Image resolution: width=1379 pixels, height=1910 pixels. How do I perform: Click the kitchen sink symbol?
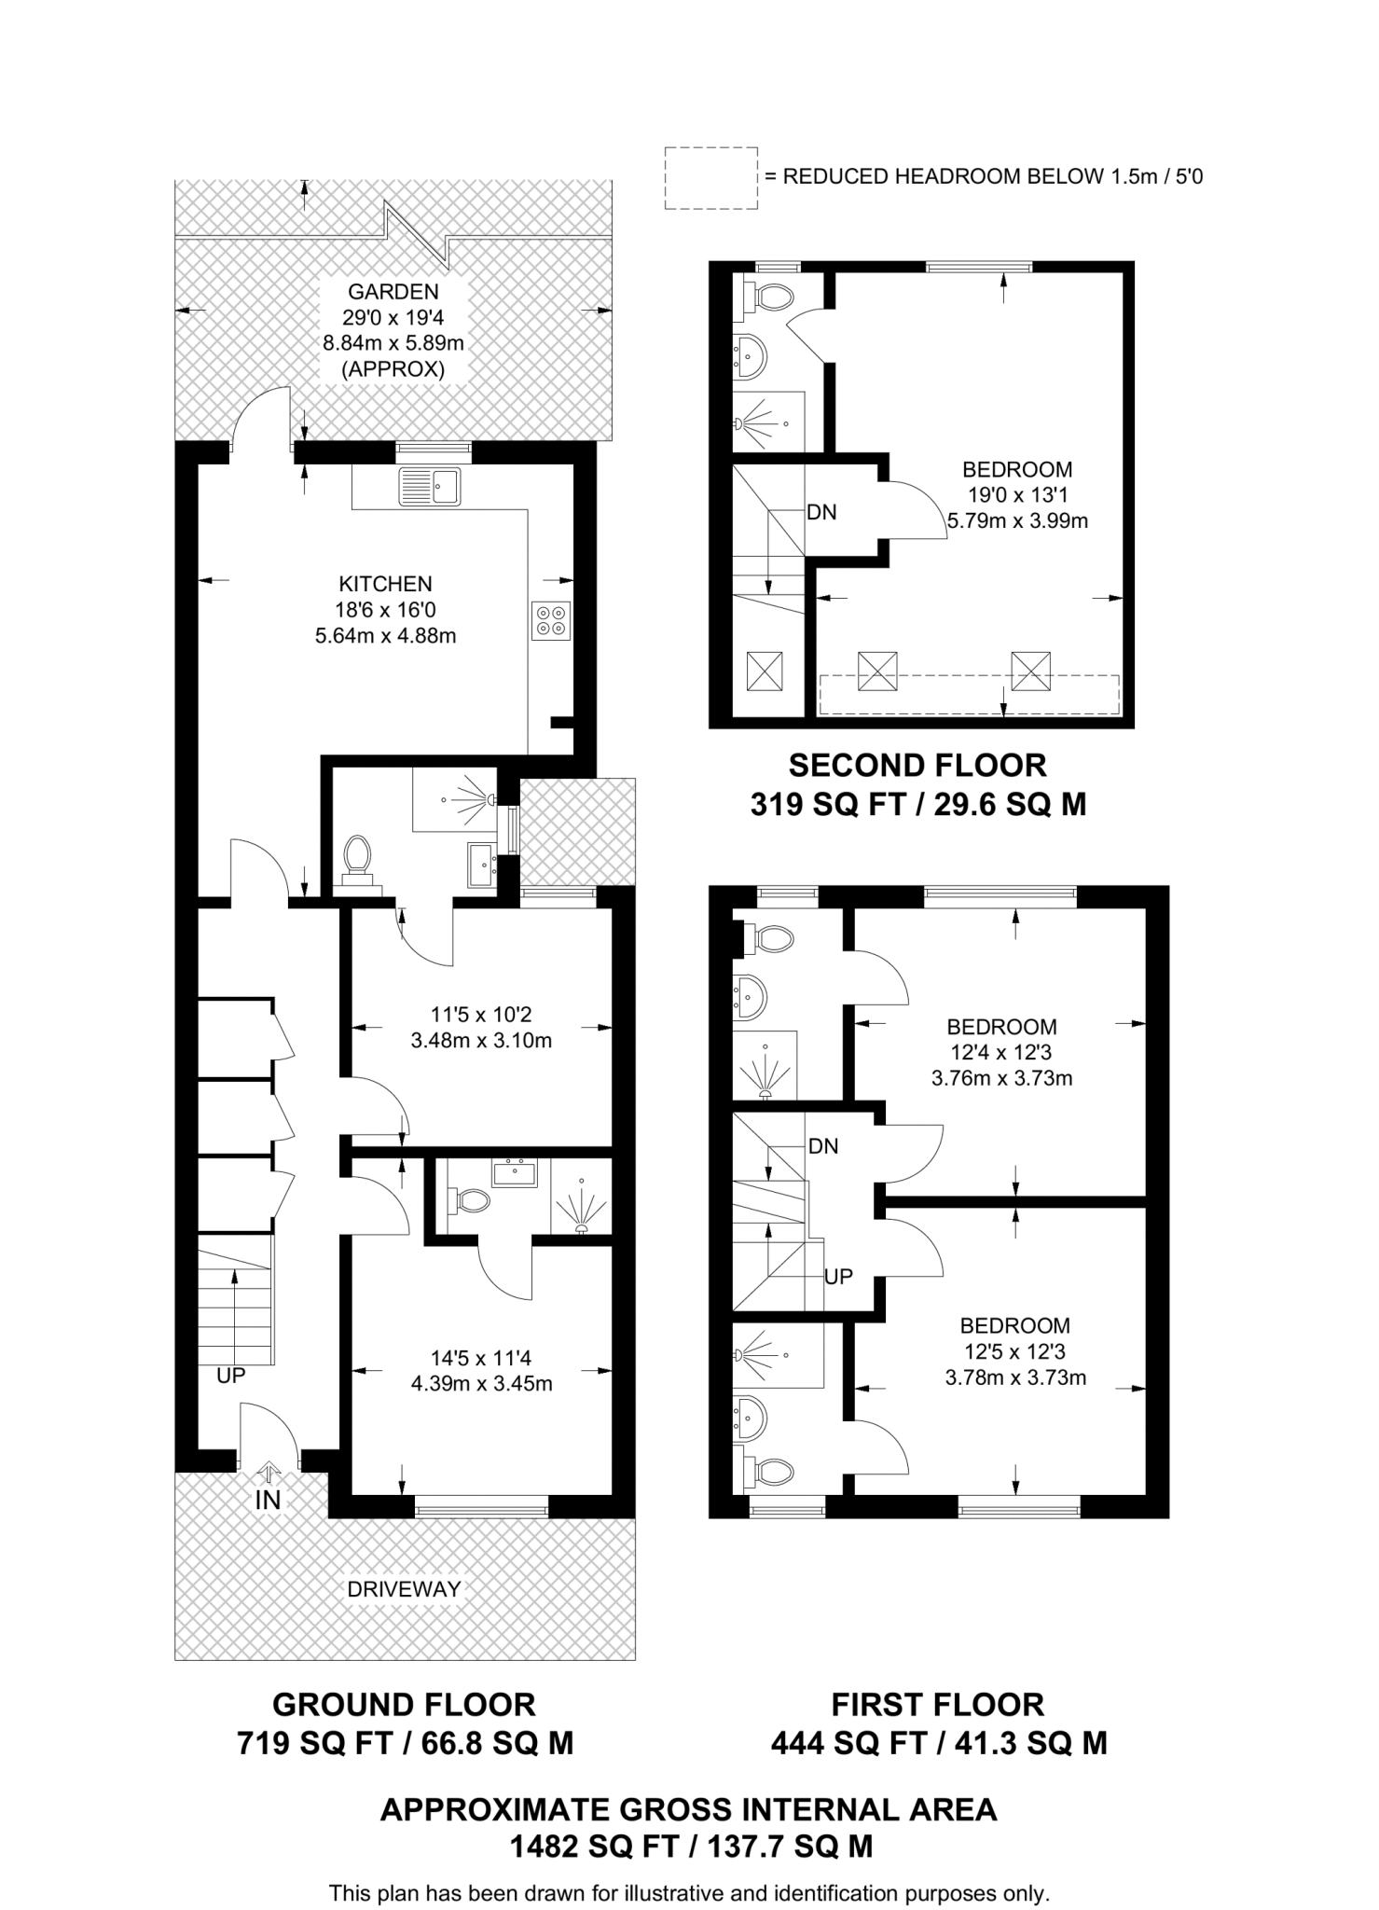pyautogui.click(x=430, y=486)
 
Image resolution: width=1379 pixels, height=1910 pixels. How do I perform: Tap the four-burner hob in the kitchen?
pyautogui.click(x=550, y=621)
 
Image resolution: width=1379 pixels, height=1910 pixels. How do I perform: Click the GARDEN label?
pyautogui.click(x=393, y=291)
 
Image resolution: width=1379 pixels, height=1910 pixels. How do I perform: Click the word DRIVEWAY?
pyautogui.click(x=404, y=1589)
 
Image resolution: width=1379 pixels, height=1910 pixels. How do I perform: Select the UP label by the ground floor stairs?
pyautogui.click(x=230, y=1375)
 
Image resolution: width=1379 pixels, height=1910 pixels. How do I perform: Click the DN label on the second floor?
pyautogui.click(x=821, y=512)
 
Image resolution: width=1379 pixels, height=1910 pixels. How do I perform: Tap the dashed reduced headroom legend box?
pyautogui.click(x=710, y=177)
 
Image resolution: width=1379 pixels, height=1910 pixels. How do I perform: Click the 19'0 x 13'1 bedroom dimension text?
pyautogui.click(x=1016, y=495)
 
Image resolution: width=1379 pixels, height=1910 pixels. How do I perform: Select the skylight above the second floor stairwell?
pyautogui.click(x=765, y=671)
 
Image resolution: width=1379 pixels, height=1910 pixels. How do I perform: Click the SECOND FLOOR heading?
pyautogui.click(x=917, y=766)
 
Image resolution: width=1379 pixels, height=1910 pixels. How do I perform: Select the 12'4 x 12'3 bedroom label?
pyautogui.click(x=1001, y=1053)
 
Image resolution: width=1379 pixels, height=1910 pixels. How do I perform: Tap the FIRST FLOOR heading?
pyautogui.click(x=938, y=1705)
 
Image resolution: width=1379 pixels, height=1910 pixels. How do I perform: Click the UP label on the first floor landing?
pyautogui.click(x=838, y=1277)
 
